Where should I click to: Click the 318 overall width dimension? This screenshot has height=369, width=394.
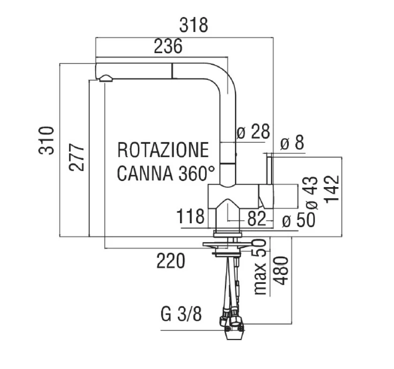[x=194, y=24]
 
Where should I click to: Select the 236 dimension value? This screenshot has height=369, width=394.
[x=168, y=47]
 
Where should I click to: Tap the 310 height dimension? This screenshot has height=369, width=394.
[x=47, y=140]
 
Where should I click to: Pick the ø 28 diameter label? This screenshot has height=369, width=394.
[x=253, y=132]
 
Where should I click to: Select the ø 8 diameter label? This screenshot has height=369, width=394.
[x=293, y=143]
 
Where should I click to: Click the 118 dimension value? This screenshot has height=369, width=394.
[x=191, y=217]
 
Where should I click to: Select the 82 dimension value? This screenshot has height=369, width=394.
[x=257, y=219]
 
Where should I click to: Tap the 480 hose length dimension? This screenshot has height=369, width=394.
[x=280, y=271]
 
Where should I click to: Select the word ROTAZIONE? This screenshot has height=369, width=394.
[x=163, y=150]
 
